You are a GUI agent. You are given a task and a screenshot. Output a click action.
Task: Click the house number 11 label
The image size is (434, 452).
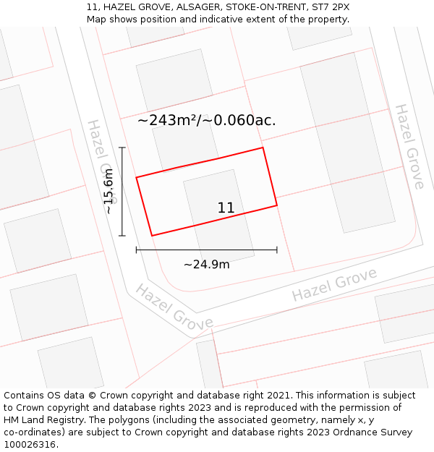tap(226, 208)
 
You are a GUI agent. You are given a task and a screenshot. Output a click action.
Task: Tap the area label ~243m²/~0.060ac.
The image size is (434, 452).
tap(206, 121)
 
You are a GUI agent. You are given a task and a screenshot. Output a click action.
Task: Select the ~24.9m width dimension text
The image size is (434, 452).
tap(206, 265)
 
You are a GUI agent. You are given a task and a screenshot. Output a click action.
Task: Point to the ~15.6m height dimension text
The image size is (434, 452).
tap(109, 191)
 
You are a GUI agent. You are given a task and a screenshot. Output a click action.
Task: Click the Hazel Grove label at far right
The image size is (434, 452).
tap(409, 147)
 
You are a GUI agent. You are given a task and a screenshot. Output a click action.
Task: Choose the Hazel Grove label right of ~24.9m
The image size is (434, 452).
tap(334, 285)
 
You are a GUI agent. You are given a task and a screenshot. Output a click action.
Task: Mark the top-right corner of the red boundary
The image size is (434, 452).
tap(263, 148)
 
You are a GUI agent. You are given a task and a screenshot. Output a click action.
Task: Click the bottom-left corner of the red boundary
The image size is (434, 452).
tap(152, 235)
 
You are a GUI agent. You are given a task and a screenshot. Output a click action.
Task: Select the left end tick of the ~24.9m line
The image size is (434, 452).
tap(137, 250)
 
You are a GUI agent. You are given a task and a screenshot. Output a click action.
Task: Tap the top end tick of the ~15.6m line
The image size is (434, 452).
tap(122, 148)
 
